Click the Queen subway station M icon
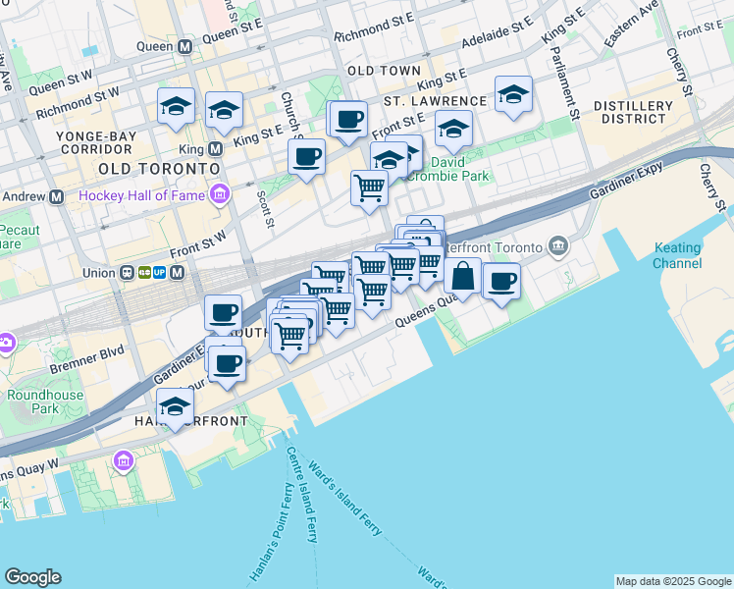click(x=183, y=46)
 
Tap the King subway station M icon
click(x=215, y=149)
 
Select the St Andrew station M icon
click(x=56, y=196)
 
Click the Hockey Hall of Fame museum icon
click(x=219, y=194)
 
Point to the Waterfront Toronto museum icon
click(x=558, y=244)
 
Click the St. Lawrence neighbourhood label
click(x=435, y=101)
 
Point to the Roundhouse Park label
click(x=31, y=401)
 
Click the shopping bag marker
click(x=463, y=276)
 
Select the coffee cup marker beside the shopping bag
click(x=502, y=282)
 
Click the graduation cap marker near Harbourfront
click(x=176, y=405)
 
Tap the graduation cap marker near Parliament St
click(x=513, y=94)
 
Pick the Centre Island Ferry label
click(x=302, y=494)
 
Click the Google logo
click(x=32, y=577)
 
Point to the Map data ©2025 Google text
click(x=672, y=581)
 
